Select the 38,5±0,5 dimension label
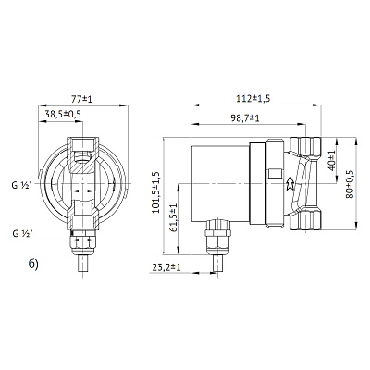click(61, 115)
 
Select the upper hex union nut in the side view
click(304, 145)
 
